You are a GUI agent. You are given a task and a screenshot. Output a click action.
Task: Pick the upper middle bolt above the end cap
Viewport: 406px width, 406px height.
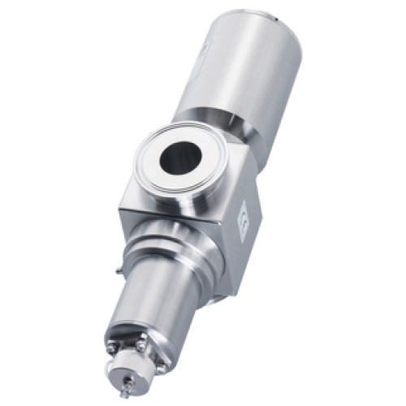(140, 346)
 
